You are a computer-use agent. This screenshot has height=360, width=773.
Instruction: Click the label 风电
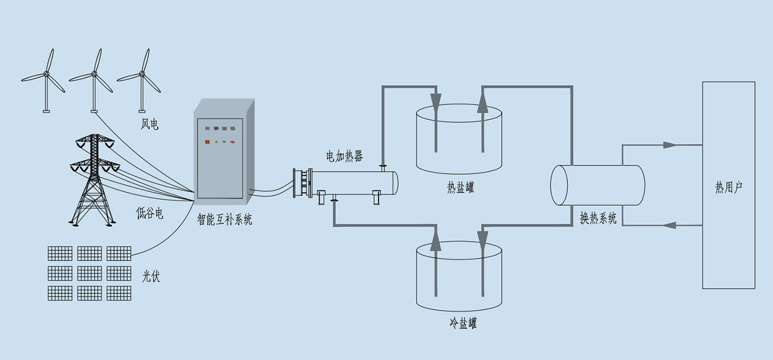(x=149, y=125)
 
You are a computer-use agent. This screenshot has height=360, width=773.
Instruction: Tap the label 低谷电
(x=149, y=213)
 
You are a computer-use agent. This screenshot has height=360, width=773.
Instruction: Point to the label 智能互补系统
(x=224, y=220)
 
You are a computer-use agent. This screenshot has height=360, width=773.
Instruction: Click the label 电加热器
(x=344, y=157)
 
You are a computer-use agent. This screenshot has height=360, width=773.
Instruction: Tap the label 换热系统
(x=598, y=217)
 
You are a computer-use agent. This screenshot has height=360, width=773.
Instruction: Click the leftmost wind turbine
(x=46, y=78)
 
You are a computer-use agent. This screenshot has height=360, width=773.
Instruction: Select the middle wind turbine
(x=94, y=78)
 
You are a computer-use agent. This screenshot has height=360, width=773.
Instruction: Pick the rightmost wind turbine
(x=142, y=78)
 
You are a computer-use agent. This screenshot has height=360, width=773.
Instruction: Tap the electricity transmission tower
(x=93, y=180)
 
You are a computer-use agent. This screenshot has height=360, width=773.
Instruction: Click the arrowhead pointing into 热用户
(x=670, y=145)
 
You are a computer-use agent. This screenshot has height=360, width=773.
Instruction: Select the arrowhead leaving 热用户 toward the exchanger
(x=670, y=226)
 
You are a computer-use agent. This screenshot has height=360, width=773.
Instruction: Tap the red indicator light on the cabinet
(x=207, y=142)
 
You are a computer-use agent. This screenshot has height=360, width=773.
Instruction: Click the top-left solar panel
(x=60, y=253)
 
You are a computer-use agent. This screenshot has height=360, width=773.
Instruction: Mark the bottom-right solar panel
(x=119, y=293)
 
